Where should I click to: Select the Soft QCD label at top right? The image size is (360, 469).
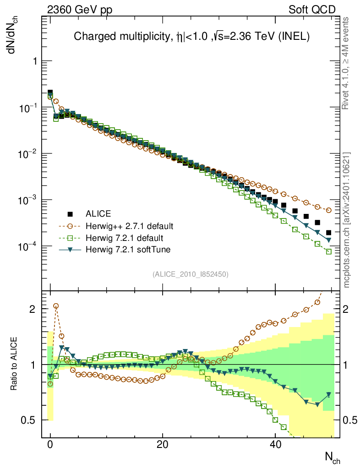click(x=312, y=10)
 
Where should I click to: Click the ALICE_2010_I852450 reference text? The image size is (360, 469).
click(x=191, y=274)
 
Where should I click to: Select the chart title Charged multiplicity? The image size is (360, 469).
click(x=192, y=37)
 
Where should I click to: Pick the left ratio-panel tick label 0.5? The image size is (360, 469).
click(x=29, y=420)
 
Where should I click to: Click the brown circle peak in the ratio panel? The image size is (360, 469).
click(x=56, y=305)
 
